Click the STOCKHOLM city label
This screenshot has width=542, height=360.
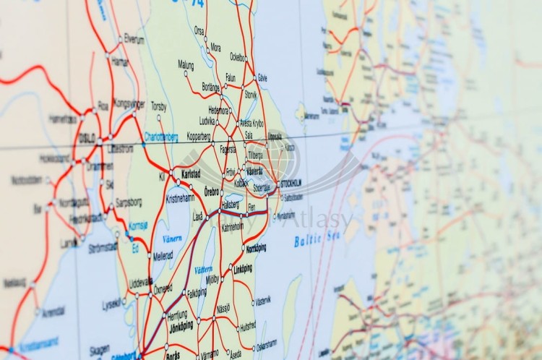click(288, 183)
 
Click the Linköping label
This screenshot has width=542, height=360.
click(243, 269)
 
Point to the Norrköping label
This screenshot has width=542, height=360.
click(256, 248)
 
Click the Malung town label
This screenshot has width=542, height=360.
click(186, 64)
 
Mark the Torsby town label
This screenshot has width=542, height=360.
click(158, 106)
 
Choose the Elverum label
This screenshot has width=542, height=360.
click(134, 38)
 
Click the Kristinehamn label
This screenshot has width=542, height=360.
click(180, 197)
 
